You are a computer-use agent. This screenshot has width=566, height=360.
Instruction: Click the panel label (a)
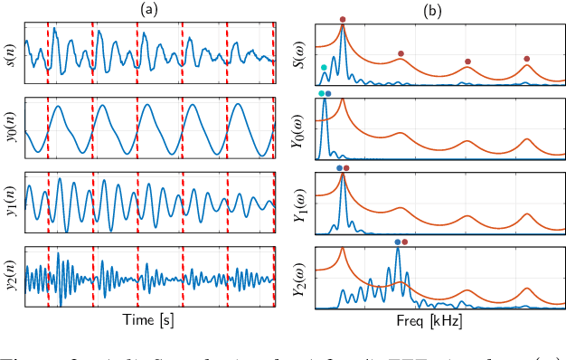150,9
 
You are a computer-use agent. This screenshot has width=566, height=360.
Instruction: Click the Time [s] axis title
150,320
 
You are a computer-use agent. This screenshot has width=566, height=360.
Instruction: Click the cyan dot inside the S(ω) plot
325,67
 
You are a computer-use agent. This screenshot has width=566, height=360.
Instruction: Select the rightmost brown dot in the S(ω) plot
527,59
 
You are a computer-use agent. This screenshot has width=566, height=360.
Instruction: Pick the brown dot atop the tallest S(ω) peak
343,19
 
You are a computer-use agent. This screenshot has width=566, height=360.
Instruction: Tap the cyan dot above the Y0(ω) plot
321,93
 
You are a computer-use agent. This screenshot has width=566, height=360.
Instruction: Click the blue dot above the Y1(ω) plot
339,167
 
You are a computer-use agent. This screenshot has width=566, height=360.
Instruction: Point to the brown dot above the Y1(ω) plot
346,167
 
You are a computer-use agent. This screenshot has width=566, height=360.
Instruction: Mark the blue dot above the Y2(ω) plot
398,242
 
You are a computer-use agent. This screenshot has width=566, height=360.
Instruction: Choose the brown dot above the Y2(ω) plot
405,242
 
